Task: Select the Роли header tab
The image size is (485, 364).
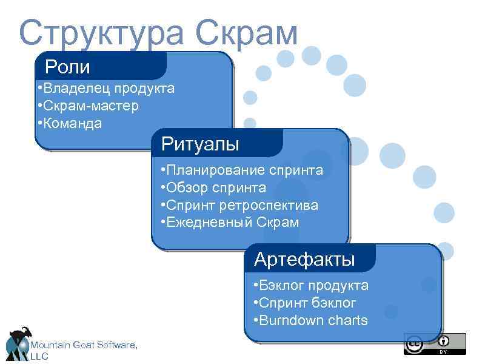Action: [x=67, y=66]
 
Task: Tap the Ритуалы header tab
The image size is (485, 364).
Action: [x=200, y=144]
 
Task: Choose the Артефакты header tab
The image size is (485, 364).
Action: [x=304, y=260]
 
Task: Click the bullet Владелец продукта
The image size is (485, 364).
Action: [x=105, y=89]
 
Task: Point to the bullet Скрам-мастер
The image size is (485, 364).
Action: [x=87, y=106]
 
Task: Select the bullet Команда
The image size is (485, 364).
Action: [x=69, y=124]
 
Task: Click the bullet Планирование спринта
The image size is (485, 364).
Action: [x=242, y=170]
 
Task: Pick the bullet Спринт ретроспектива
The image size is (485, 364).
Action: [x=239, y=205]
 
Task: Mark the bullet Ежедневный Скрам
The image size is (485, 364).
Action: [x=230, y=223]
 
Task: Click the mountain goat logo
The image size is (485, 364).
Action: [x=18, y=343]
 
